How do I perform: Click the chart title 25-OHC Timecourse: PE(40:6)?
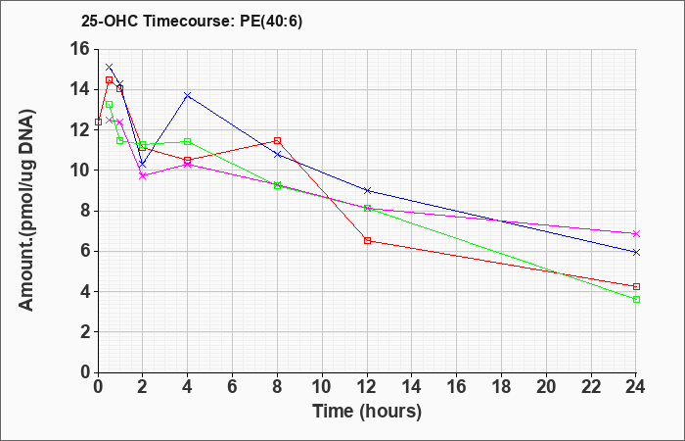pos(192,22)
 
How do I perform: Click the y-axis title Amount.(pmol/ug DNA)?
pos(26,210)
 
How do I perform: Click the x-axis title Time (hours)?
pos(367,412)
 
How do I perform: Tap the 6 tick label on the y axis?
pos(85,252)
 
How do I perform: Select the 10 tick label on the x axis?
pos(322,387)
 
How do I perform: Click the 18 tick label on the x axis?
pos(501,387)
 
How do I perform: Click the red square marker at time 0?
pos(98,122)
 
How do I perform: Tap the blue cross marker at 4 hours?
pos(188,95)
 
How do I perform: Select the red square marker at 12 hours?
pos(367,241)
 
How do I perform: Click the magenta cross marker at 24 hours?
pos(636,233)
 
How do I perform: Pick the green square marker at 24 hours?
pos(636,299)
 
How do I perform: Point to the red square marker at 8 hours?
pos(277,140)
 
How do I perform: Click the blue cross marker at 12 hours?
pos(367,190)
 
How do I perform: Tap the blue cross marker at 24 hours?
pos(636,252)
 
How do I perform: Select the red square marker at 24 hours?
pos(636,286)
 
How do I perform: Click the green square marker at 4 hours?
pos(188,141)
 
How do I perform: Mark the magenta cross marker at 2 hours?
pos(143,175)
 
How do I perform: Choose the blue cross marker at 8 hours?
pos(277,155)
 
